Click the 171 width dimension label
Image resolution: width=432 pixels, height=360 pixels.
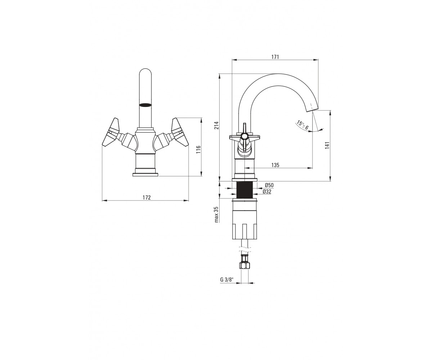point(275,57)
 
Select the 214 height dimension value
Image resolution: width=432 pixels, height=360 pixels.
point(216,125)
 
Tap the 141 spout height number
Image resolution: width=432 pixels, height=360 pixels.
point(327,145)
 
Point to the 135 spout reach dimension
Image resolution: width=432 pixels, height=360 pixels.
point(275,165)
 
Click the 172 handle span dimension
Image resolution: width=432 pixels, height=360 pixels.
point(147,197)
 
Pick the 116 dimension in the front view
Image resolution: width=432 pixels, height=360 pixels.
point(198,149)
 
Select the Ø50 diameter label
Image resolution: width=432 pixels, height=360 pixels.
point(269,185)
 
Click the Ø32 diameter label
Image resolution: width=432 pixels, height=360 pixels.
point(267,192)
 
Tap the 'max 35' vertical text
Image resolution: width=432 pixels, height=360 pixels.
point(217,214)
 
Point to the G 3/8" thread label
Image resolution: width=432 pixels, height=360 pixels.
point(227,280)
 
